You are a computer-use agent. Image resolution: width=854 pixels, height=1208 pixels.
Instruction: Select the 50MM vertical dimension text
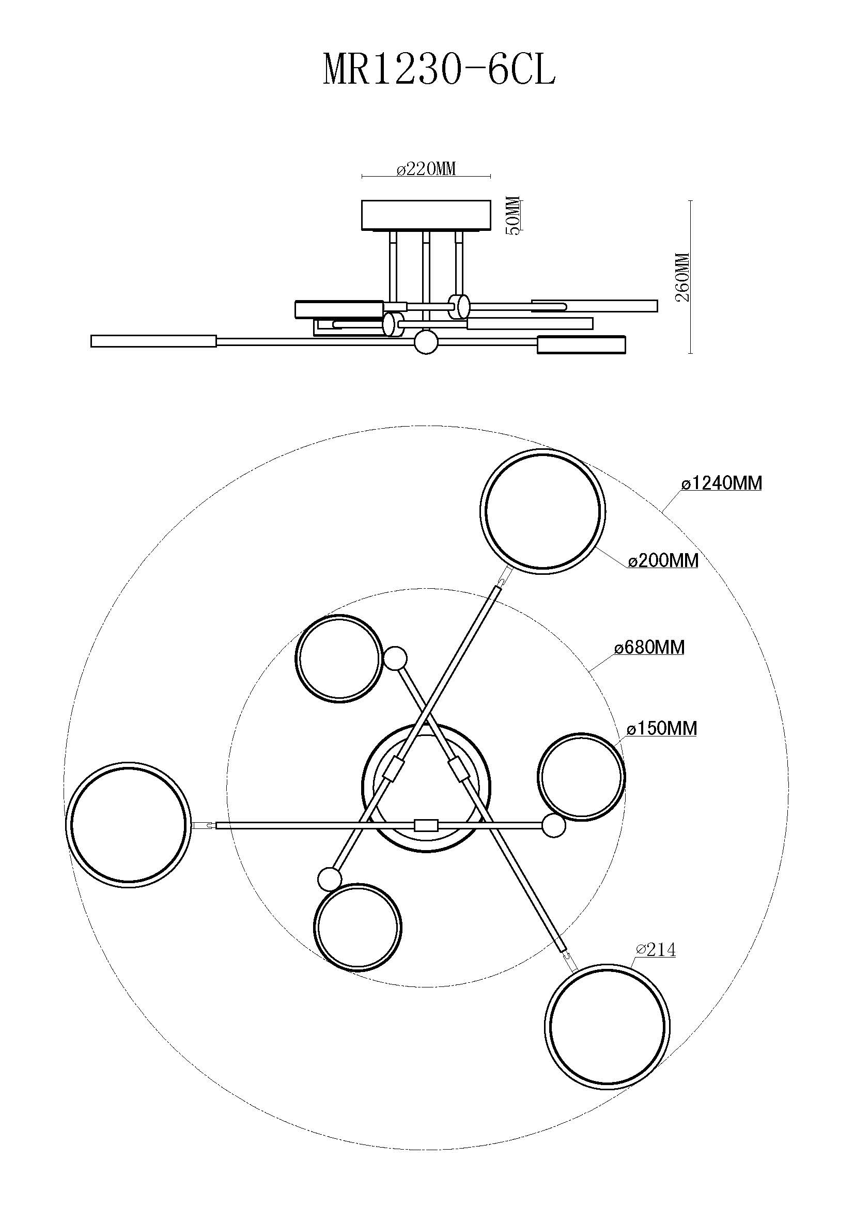click(x=514, y=216)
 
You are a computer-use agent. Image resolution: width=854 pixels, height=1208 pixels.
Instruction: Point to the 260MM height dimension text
click(x=682, y=277)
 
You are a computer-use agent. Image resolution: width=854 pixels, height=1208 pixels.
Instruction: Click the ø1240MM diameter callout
click(x=721, y=483)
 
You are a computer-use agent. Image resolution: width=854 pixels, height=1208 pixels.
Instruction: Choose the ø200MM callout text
click(x=663, y=561)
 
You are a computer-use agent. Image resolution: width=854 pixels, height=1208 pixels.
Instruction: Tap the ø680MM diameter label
click(x=650, y=647)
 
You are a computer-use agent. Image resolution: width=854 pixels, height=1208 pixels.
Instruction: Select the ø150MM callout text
click(x=662, y=728)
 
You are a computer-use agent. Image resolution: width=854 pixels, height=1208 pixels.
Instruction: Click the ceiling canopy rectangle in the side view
click(x=426, y=215)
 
